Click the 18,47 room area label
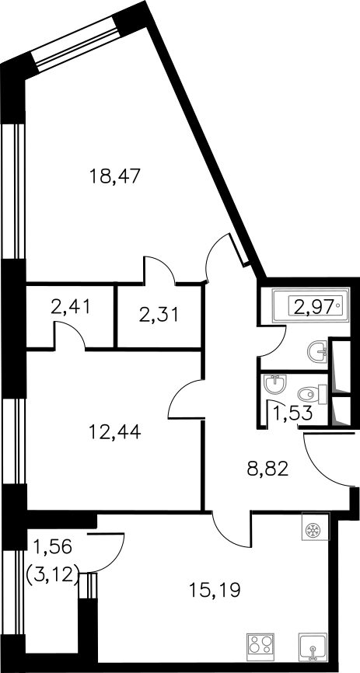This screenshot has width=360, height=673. pyautogui.click(x=115, y=176)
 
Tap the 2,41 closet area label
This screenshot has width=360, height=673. pyautogui.click(x=71, y=307)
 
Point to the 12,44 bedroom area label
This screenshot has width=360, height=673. pyautogui.click(x=115, y=431)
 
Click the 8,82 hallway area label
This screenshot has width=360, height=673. pyautogui.click(x=267, y=469)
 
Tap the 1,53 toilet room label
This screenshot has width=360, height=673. pyautogui.click(x=292, y=415)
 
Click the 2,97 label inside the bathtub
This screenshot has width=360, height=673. pyautogui.click(x=313, y=306)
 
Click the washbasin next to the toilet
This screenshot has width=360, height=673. pyautogui.click(x=274, y=384)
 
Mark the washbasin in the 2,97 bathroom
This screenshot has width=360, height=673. pyautogui.click(x=317, y=352)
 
